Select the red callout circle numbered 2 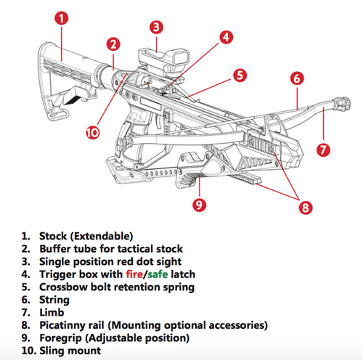(x=113, y=44)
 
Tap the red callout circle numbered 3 (x=155, y=28)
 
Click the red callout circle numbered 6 (x=295, y=78)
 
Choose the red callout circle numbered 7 (x=325, y=150)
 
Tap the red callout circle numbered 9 (x=200, y=205)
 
